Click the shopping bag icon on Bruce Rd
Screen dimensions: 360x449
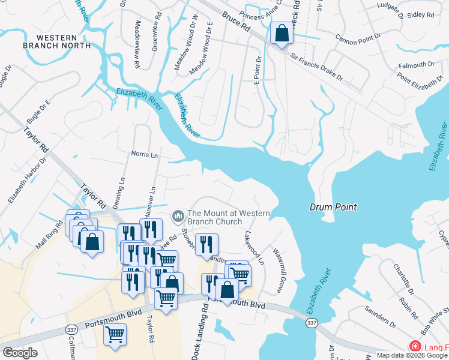(282, 34)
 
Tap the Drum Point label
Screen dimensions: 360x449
(333, 207)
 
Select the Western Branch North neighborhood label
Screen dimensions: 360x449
(56, 40)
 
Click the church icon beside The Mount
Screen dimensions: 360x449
(178, 215)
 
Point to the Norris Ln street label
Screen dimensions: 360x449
(144, 155)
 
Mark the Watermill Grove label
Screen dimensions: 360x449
(277, 271)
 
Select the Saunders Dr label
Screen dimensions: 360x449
(381, 317)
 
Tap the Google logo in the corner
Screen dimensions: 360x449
(20, 353)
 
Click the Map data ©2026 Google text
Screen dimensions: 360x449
(412, 355)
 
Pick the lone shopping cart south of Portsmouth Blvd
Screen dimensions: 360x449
(115, 334)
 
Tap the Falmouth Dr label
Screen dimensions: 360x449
(414, 64)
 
